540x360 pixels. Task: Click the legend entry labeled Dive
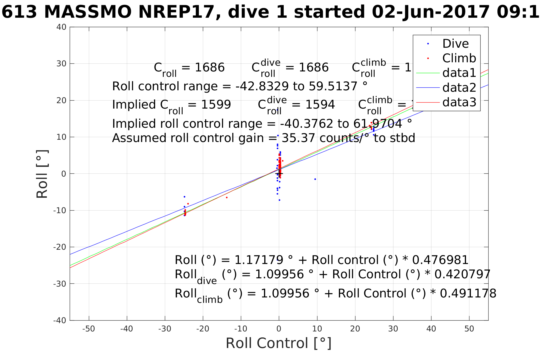pyautogui.click(x=455, y=44)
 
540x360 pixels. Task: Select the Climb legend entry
pyautogui.click(x=459, y=58)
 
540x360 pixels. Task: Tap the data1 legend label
pyautogui.click(x=459, y=73)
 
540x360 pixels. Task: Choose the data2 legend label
pyautogui.click(x=459, y=87)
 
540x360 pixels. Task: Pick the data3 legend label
pyautogui.click(x=459, y=102)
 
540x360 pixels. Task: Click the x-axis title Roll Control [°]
pyautogui.click(x=279, y=343)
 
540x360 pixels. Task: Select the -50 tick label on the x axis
pyautogui.click(x=89, y=329)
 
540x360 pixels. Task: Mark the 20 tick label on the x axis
pyautogui.click(x=355, y=329)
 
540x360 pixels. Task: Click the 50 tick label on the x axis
pyautogui.click(x=469, y=329)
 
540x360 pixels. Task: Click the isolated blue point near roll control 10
pyautogui.click(x=315, y=179)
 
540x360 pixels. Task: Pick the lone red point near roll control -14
pyautogui.click(x=227, y=197)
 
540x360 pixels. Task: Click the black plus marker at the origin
pyautogui.click(x=279, y=173)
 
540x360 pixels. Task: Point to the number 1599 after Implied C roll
pyautogui.click(x=216, y=105)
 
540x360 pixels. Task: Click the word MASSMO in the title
pyautogui.click(x=88, y=12)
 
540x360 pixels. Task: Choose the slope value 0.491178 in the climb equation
pyautogui.click(x=468, y=293)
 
